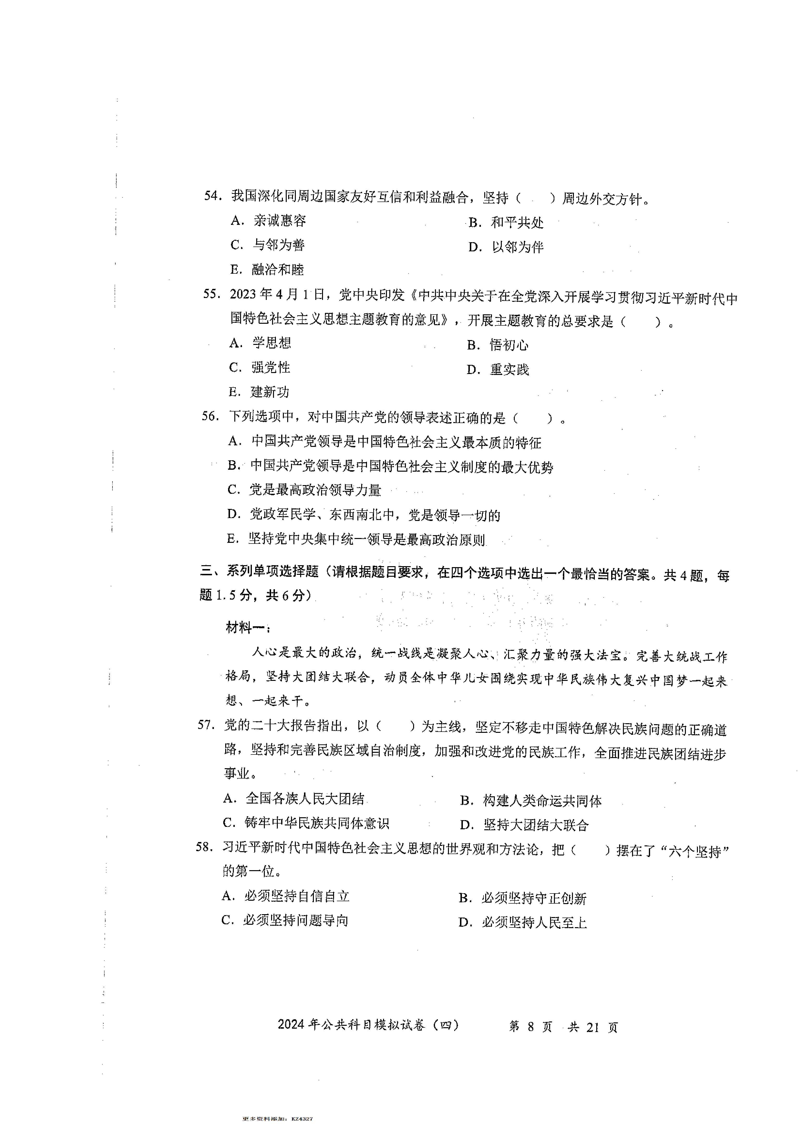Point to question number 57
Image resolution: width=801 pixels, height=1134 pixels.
205,725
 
